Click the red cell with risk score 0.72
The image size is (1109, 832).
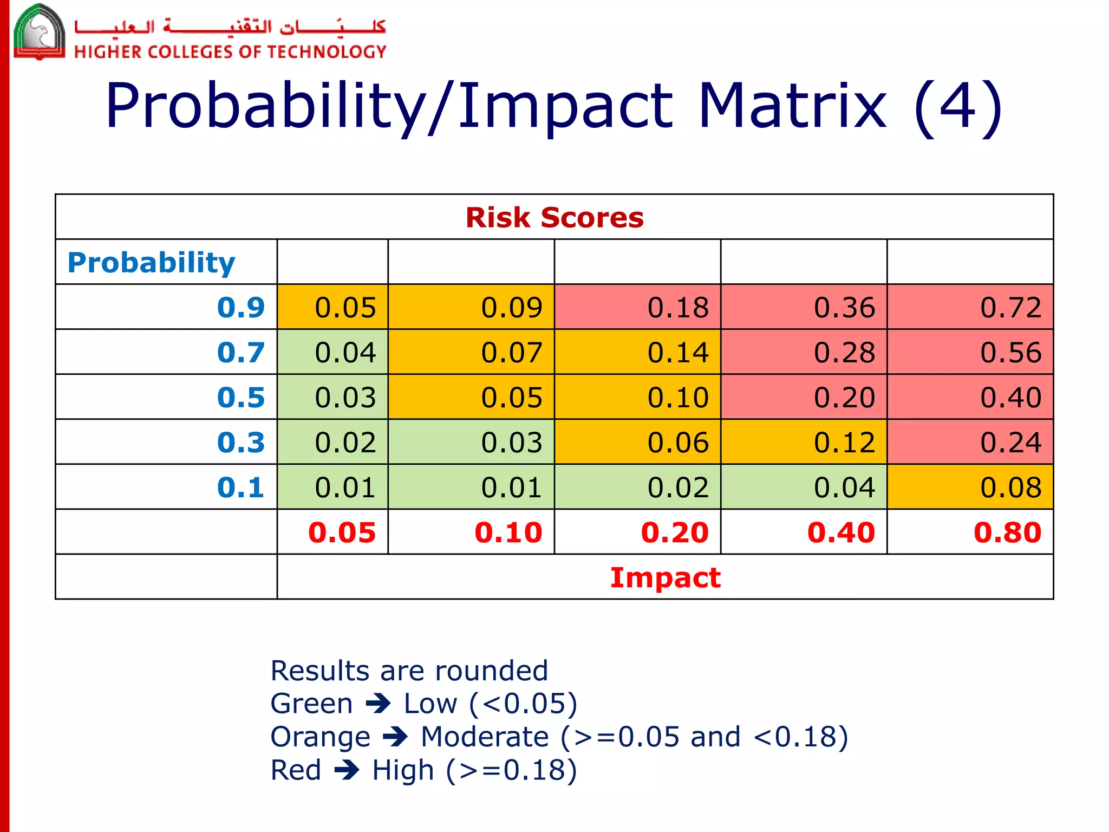[970, 307]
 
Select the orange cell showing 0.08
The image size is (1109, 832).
[970, 487]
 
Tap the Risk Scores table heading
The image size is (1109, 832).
[554, 217]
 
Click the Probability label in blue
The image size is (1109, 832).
[151, 262]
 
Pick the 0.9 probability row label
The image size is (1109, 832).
[240, 307]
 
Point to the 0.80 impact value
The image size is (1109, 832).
[1007, 532]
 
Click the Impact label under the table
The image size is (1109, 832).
[665, 577]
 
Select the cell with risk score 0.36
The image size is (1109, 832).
[804, 307]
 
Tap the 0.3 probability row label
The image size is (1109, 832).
[240, 442]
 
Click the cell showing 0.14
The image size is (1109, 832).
[637, 352]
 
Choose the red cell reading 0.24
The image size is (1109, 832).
[970, 442]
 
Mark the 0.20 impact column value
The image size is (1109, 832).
[674, 532]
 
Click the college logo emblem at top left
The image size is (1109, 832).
[39, 31]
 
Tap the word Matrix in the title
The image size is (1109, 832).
[792, 106]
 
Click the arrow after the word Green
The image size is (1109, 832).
[378, 704]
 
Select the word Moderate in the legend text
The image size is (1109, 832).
[485, 737]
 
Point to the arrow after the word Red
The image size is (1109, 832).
[347, 770]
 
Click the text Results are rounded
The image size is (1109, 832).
[409, 671]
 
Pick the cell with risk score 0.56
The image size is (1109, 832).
[970, 352]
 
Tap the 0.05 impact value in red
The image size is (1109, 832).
[342, 532]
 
